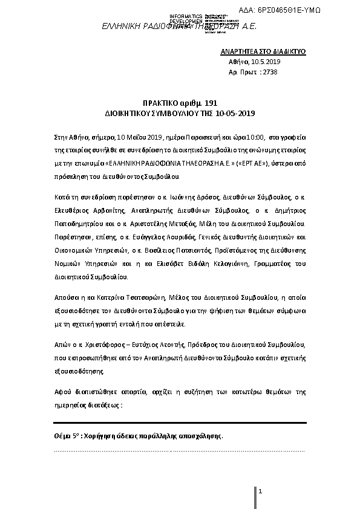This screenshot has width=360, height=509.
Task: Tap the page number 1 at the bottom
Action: pyautogui.click(x=260, y=493)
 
